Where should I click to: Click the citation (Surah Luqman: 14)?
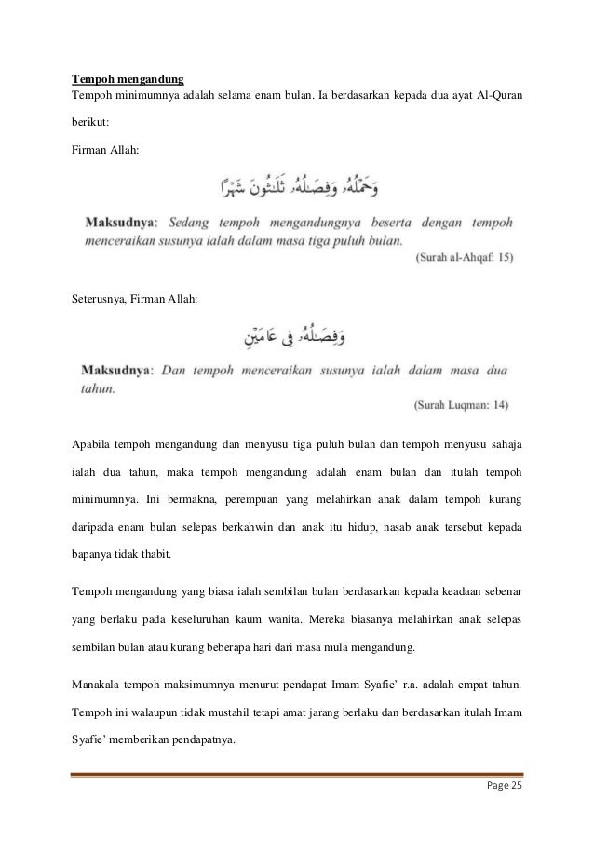pyautogui.click(x=465, y=405)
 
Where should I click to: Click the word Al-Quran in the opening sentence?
pyautogui.click(x=498, y=95)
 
